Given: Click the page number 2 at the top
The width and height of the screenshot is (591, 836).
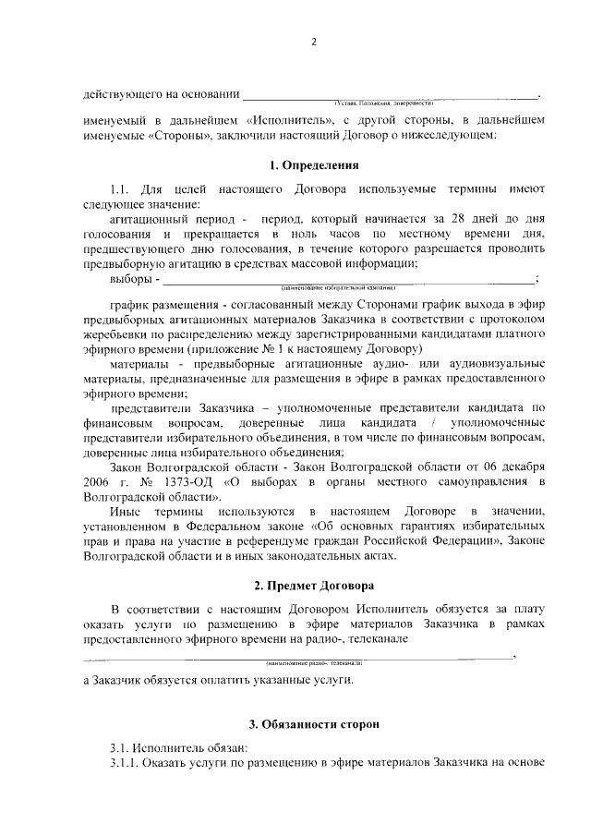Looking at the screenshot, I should (313, 42).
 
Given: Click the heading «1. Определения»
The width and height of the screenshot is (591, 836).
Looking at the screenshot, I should (313, 166).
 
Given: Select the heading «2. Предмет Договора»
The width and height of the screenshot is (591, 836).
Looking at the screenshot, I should (313, 585).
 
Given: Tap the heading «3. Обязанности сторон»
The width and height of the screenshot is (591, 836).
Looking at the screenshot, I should (313, 725).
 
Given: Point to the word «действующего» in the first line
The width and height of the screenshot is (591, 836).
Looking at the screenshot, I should (121, 94).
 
